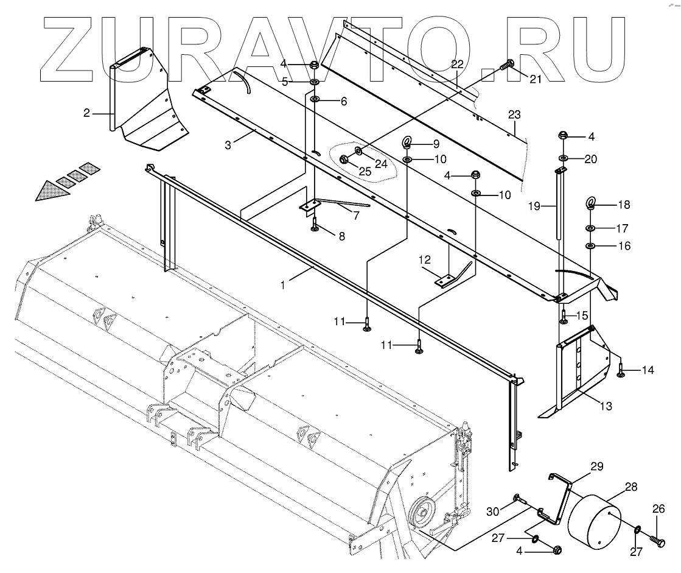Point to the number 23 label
point(515,114)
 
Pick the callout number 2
point(87,113)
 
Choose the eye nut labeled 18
point(591,203)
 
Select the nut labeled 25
point(343,160)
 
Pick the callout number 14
point(647,370)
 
